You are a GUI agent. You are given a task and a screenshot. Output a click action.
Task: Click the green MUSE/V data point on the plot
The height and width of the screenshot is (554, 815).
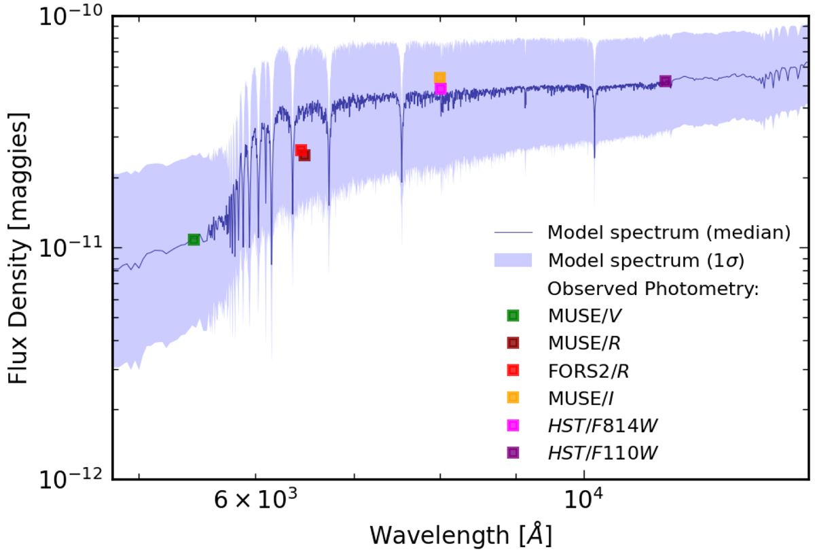click(x=194, y=239)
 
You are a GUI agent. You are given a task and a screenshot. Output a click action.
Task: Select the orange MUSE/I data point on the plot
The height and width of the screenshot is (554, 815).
click(x=439, y=77)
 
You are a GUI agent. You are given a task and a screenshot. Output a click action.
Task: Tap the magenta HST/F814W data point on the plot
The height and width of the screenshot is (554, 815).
click(x=441, y=88)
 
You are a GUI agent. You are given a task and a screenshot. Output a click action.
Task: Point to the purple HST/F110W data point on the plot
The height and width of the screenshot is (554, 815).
click(x=666, y=82)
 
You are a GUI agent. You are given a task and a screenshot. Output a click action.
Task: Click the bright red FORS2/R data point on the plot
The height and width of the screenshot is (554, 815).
click(x=301, y=150)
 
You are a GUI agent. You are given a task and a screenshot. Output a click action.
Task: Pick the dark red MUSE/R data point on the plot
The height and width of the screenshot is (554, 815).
click(x=305, y=155)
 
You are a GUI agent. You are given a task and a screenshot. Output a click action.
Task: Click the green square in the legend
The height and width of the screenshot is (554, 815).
click(x=513, y=315)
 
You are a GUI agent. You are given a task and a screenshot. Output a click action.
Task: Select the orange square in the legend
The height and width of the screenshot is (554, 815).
click(x=513, y=398)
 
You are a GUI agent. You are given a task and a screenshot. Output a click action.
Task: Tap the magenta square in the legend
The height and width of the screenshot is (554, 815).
click(x=513, y=425)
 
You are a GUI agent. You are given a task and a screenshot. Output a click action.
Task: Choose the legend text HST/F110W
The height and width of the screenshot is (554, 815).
click(x=603, y=453)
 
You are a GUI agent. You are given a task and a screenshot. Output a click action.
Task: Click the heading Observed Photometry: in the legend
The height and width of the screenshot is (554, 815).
click(x=653, y=288)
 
